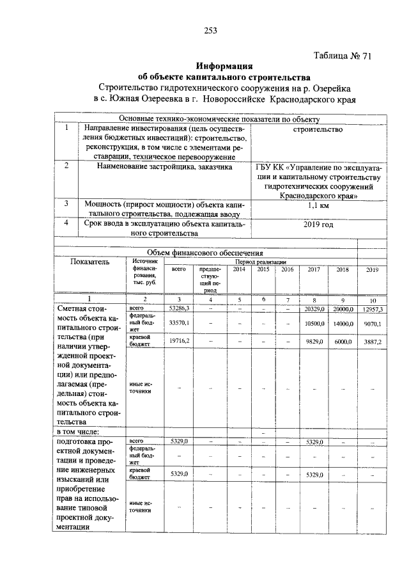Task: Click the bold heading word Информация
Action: click(x=224, y=66)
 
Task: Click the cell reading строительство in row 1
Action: click(x=318, y=129)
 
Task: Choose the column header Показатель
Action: click(x=90, y=262)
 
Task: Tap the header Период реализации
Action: click(x=260, y=262)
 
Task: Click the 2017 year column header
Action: click(x=313, y=270)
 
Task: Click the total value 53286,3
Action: click(x=180, y=308)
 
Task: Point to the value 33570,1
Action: click(x=179, y=324)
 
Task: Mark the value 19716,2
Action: click(x=179, y=342)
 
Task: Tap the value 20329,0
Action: click(x=313, y=309)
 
